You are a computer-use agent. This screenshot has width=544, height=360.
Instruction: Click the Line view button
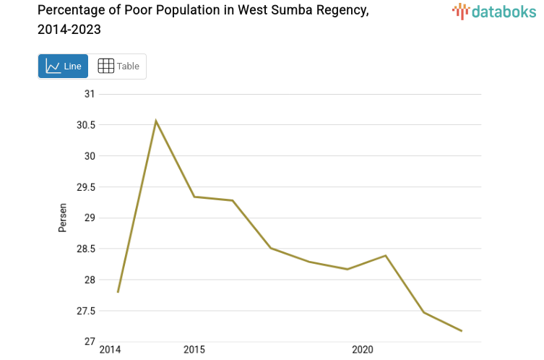tap(63, 67)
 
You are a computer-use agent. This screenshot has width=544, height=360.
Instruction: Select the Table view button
tap(118, 67)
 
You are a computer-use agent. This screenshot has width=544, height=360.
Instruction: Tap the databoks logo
tap(494, 11)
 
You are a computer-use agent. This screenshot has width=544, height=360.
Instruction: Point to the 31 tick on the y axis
tap(90, 94)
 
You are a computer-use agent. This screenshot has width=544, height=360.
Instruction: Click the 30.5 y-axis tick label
tap(86, 125)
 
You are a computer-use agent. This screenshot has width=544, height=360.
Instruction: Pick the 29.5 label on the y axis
tap(86, 187)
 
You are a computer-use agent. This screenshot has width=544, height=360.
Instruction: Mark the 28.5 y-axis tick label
tap(86, 249)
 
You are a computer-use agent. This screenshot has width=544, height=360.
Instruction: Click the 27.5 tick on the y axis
tap(86, 311)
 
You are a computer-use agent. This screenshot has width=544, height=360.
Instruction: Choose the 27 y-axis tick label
tap(90, 342)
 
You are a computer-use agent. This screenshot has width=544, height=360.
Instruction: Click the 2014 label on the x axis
tap(110, 350)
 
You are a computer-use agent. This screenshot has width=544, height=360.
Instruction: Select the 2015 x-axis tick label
tap(194, 350)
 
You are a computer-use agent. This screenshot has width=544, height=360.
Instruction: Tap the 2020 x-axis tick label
tap(362, 350)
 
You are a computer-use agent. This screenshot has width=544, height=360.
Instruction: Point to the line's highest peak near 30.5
tap(155, 121)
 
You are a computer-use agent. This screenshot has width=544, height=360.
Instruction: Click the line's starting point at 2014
tap(118, 292)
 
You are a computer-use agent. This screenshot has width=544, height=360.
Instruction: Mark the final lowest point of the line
tap(462, 331)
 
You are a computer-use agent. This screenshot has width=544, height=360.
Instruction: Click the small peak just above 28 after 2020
tap(386, 255)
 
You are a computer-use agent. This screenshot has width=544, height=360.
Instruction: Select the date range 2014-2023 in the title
tap(69, 30)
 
